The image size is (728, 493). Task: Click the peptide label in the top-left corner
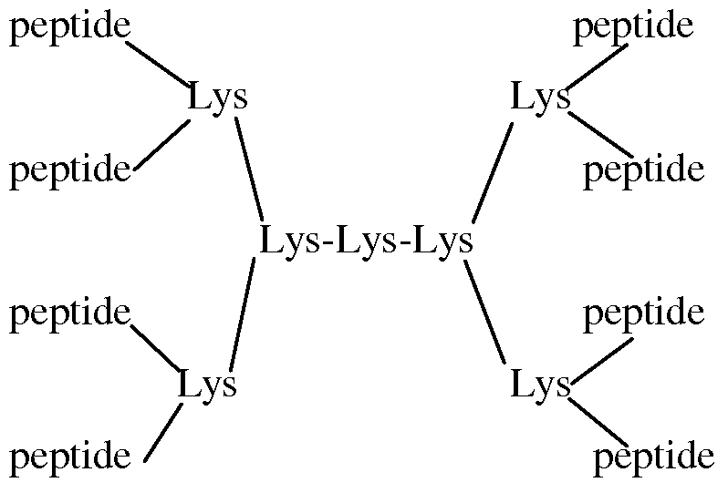[68, 28]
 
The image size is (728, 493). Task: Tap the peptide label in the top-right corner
[633, 28]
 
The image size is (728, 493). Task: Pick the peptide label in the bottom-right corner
[653, 455]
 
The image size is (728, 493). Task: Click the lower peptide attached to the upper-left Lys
[70, 169]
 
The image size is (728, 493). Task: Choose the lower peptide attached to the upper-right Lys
[643, 169]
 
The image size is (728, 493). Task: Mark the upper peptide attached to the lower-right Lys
[643, 313]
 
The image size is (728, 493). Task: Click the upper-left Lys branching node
[217, 98]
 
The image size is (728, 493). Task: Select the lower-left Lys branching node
[207, 385]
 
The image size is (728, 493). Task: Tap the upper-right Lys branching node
[540, 98]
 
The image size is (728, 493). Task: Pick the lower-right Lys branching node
[540, 385]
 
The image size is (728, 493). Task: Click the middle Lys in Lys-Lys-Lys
[366, 242]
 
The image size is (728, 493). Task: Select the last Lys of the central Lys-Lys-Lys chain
[442, 242]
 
